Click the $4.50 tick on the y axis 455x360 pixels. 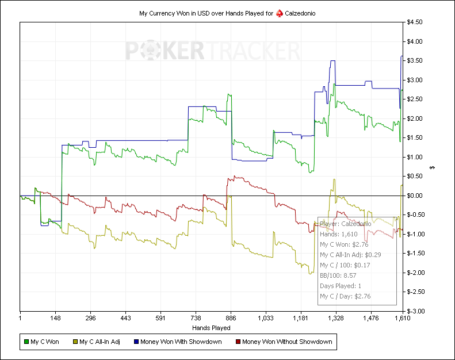415,22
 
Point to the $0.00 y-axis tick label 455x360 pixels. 415,196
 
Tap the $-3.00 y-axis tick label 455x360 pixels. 415,311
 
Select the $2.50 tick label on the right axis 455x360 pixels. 415,99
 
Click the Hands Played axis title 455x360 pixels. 211,328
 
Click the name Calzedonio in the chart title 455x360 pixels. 300,13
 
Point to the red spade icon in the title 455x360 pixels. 280,13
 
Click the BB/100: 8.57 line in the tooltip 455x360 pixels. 338,275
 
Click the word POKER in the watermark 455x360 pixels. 164,51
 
